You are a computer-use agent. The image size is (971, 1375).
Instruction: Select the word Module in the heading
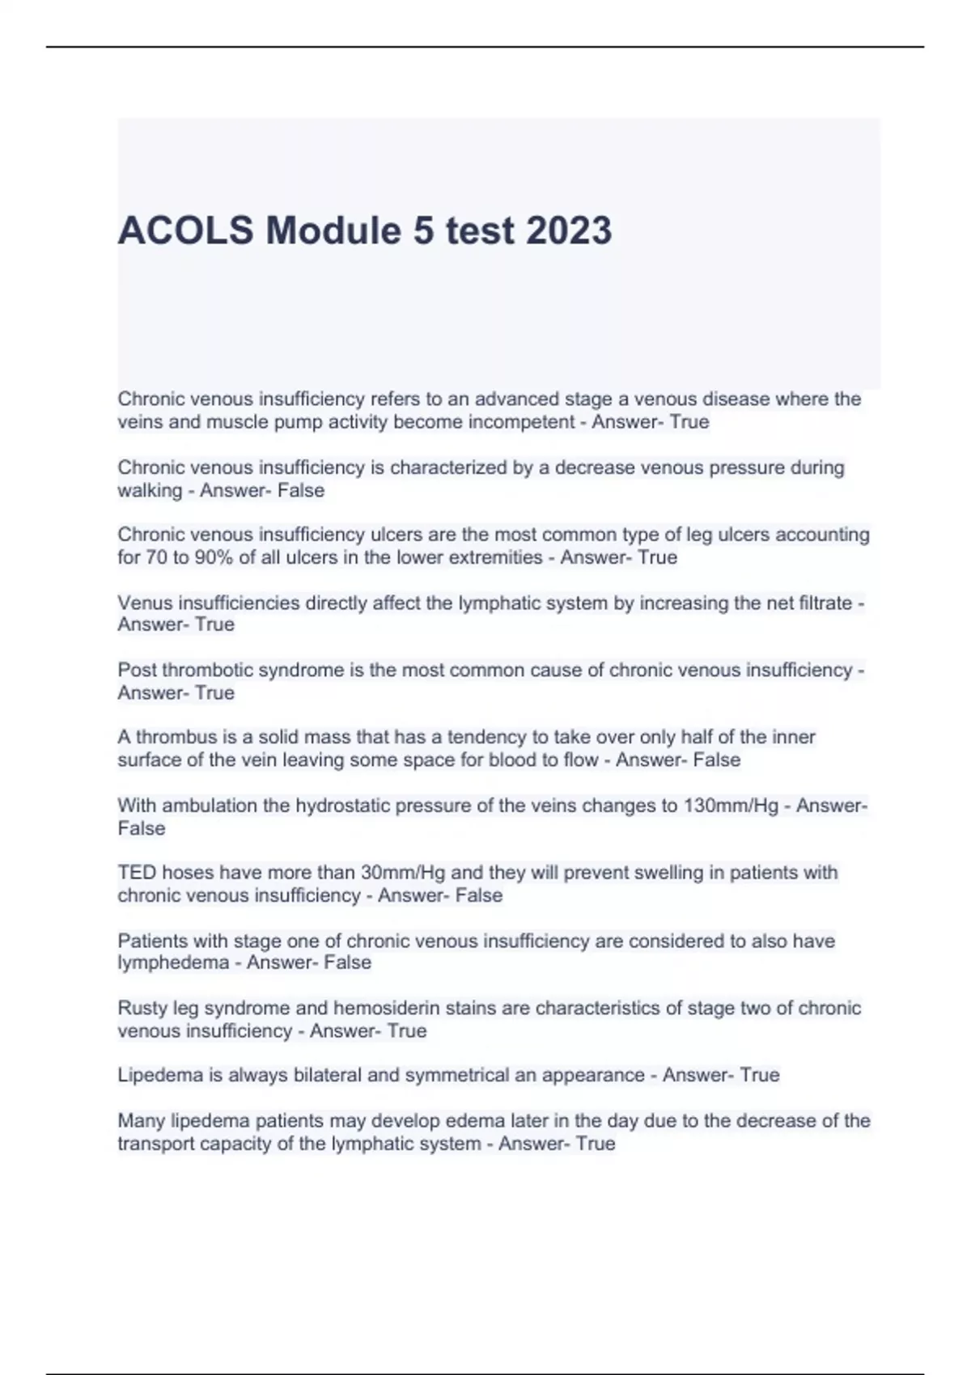click(333, 231)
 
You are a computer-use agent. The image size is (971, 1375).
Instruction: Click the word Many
click(140, 1121)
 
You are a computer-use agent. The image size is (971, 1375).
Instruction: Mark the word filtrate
click(821, 603)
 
